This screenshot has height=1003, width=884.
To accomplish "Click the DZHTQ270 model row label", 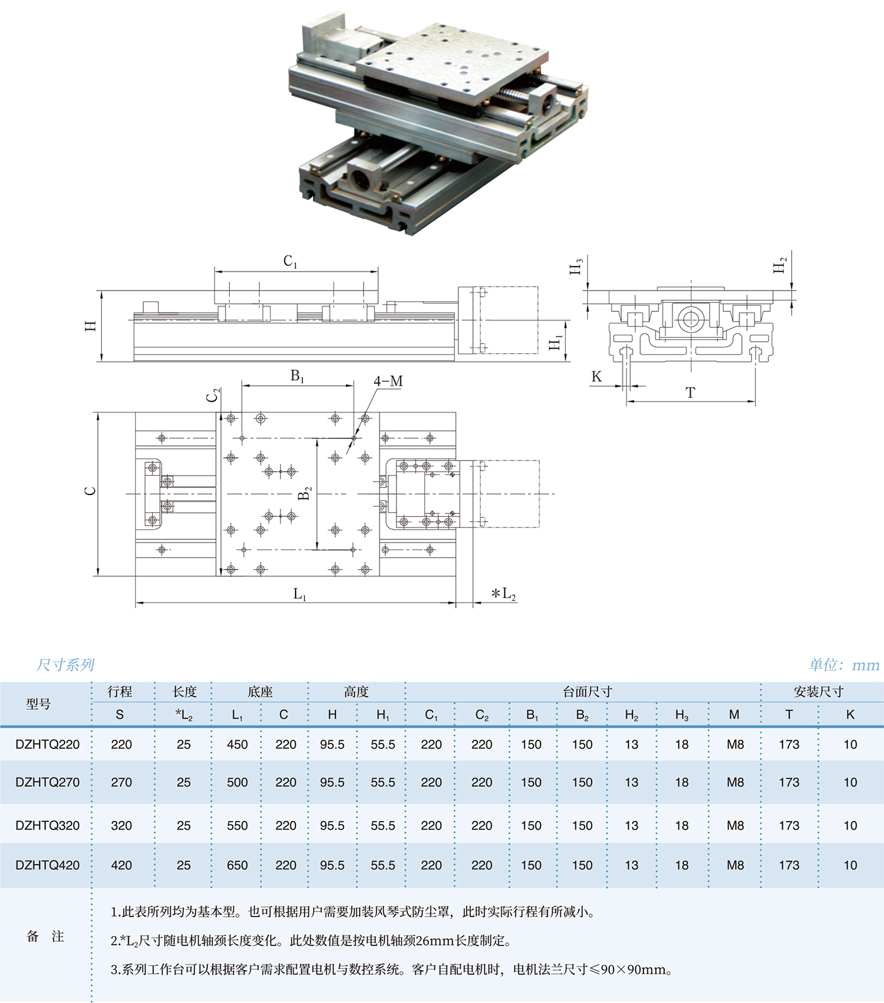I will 48,782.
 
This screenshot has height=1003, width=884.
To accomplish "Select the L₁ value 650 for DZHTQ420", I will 237,865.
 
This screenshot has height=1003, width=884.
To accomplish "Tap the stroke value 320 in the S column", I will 121,826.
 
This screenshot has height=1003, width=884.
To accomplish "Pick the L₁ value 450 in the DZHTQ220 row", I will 237,745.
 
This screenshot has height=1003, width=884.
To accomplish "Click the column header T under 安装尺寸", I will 789,714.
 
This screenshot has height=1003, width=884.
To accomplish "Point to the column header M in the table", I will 734,714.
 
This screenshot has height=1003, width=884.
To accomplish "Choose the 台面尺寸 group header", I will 587,692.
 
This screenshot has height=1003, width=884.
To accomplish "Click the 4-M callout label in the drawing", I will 388,381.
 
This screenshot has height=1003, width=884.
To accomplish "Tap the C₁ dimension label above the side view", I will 290,261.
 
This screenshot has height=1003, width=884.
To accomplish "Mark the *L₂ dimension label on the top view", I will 504,594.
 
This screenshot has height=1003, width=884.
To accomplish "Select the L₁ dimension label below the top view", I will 300,594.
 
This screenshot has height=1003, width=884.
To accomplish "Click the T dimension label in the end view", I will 690,393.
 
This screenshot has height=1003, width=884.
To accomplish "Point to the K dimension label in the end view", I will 597,377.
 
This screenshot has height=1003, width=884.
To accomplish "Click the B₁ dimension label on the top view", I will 297,376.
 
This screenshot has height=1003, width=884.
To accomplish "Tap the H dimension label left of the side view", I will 91,326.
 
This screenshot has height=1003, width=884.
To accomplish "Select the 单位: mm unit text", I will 844,664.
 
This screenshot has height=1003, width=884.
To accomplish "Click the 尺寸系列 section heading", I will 65,664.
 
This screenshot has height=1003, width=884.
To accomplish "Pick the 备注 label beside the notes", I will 45,937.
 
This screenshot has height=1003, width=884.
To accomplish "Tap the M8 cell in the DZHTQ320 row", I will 735,826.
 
